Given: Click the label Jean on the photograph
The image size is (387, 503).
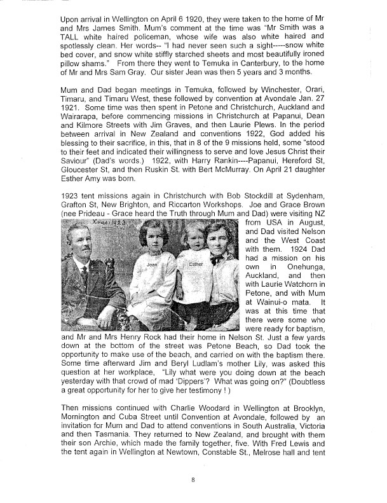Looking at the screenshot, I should pos(151,280).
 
